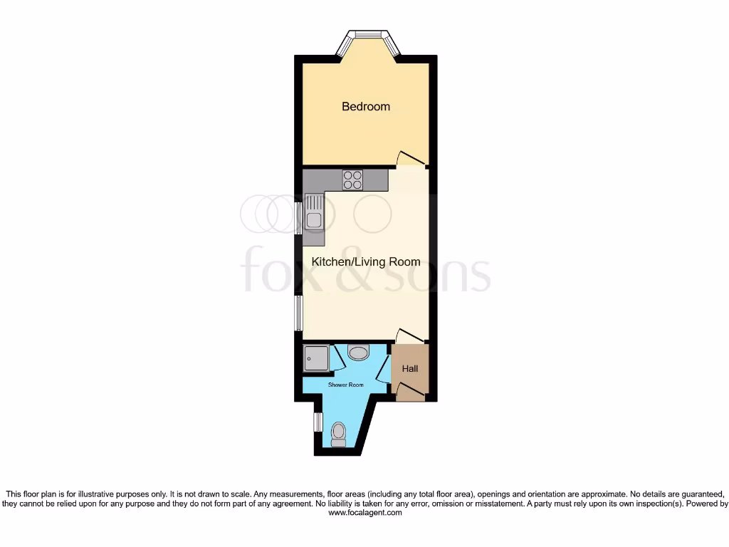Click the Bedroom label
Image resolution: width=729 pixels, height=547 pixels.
point(366,107)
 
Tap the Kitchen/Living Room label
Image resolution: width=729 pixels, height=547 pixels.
point(366,262)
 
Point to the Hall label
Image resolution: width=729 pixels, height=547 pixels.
point(410,369)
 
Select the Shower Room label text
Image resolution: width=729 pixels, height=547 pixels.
point(346,385)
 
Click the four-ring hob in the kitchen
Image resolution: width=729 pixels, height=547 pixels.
point(352,179)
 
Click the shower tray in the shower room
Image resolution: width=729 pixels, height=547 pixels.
point(316,359)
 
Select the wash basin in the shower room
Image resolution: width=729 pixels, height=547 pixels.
point(359,352)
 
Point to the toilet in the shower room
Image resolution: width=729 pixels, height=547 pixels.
point(339,434)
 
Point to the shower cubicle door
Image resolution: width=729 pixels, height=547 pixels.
point(337,358)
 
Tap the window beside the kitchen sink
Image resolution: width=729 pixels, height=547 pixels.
point(299,218)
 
